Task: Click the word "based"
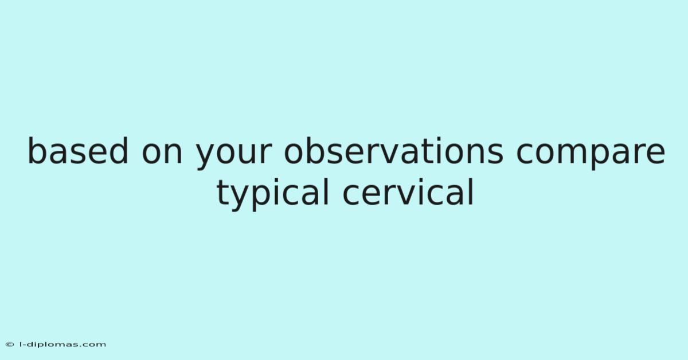pos(78,151)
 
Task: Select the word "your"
pos(234,156)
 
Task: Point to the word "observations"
pos(394,151)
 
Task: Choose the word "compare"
pos(591,156)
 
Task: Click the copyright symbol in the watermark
pos(10,345)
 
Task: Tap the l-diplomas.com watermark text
pos(62,345)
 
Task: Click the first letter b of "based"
pos(37,151)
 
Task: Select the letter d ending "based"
pos(119,151)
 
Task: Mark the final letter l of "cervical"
pos(471,191)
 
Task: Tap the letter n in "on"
pos(174,154)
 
